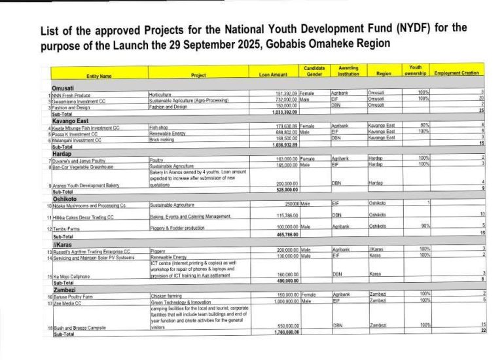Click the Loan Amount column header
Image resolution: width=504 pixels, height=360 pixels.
[273, 76]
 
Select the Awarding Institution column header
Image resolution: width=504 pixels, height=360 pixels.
[348, 71]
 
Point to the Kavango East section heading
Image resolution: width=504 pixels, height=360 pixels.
[73, 120]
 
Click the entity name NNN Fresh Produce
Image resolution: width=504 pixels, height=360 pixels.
[75, 94]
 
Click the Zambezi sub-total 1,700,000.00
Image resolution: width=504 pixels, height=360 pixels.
[285, 333]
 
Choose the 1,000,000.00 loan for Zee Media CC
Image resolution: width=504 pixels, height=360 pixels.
[285, 300]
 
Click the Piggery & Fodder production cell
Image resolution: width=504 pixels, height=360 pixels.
[178, 228]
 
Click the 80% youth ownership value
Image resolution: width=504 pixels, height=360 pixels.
[423, 126]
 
